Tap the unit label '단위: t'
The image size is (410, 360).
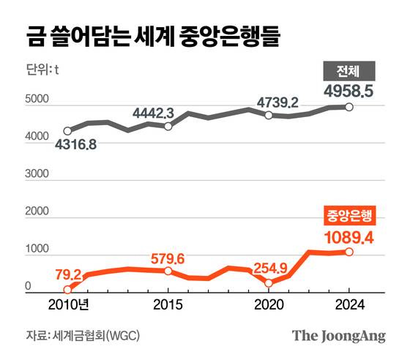42,70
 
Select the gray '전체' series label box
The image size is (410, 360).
349,72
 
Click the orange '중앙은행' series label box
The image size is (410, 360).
348,215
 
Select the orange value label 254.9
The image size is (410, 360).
270,267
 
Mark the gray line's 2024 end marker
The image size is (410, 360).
349,107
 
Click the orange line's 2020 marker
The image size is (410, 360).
269,283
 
